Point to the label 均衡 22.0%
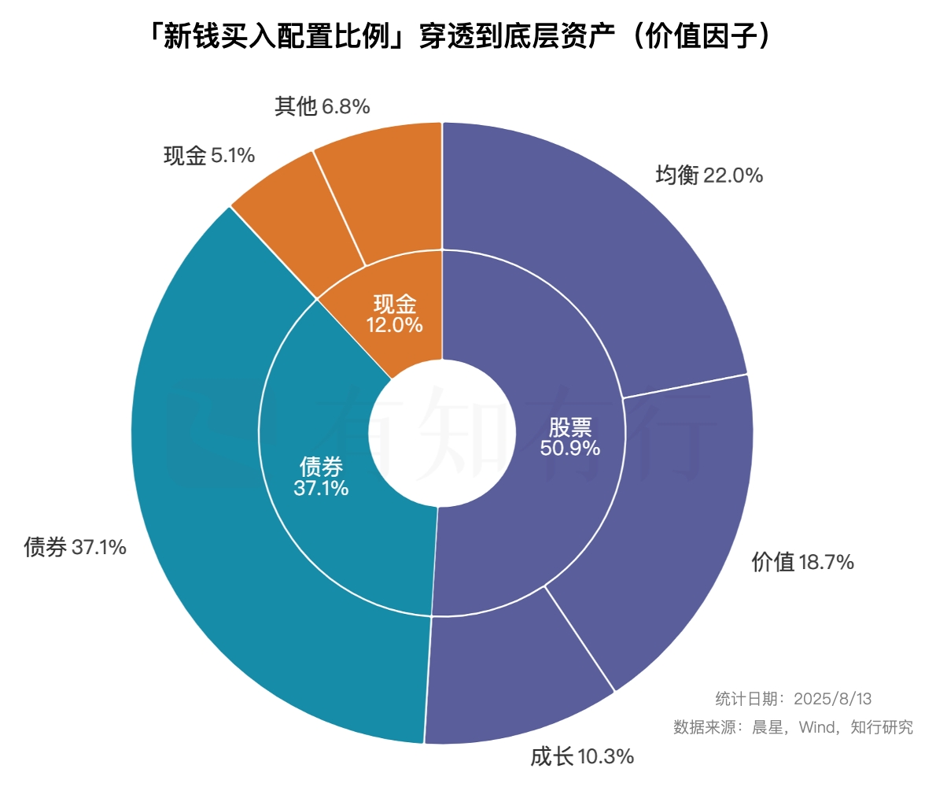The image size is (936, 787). coord(709,176)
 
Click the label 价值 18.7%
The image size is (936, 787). coord(802,562)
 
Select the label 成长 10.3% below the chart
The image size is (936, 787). coord(582,757)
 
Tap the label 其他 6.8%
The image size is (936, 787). coord(322,106)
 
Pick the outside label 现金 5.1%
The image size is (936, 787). coord(208,156)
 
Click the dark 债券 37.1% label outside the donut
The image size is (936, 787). coord(75,547)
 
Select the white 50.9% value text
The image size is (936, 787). coord(570,449)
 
